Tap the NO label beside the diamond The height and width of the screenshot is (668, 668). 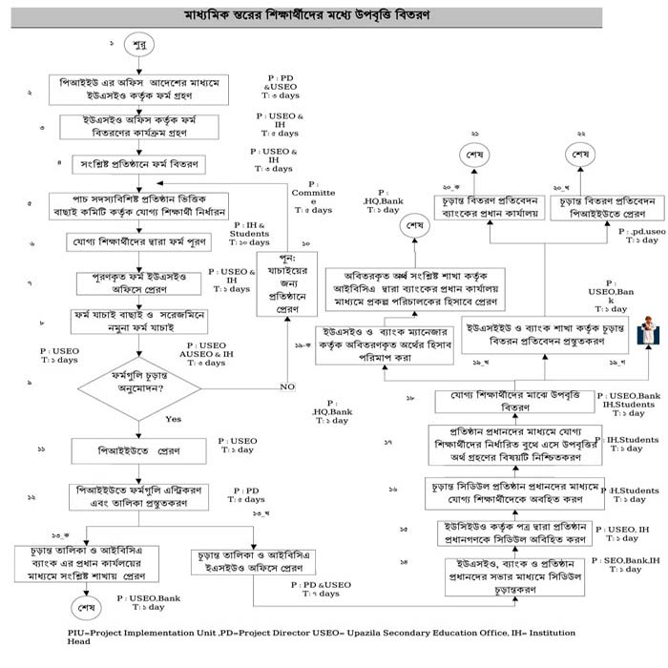click(286, 386)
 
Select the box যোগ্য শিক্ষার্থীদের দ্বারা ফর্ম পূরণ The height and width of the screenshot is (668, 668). click(138, 242)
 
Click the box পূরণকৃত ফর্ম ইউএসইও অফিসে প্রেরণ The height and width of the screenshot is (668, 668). click(141, 282)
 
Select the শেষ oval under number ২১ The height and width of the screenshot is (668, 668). click(475, 155)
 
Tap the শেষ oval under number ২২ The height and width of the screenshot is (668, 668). click(579, 155)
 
